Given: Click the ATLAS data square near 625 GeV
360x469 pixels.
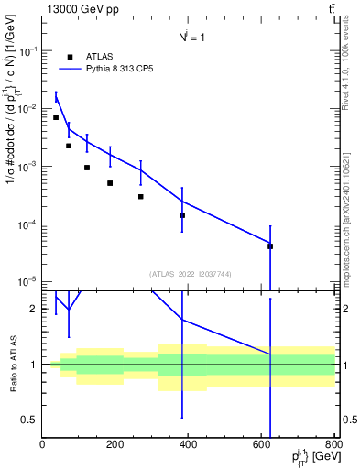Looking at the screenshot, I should click(270, 245).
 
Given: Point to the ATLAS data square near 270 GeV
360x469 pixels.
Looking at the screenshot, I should click(141, 196).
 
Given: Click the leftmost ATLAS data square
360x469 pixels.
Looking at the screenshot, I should click(56, 117).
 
